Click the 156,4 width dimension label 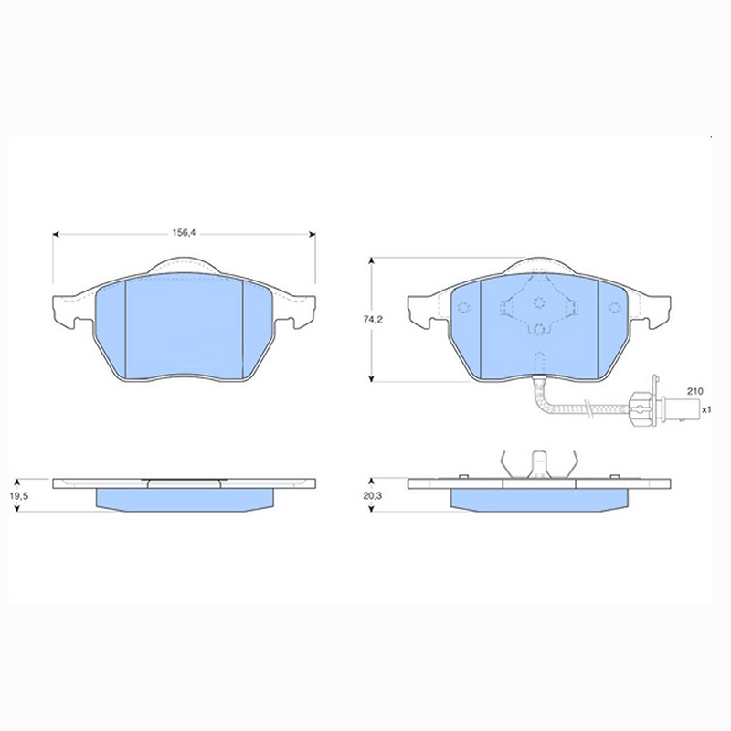pos(184,233)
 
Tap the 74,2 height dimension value pos(373,319)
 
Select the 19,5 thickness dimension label pos(19,496)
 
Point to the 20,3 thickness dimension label pos(373,496)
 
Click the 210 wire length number pos(694,391)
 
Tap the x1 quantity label pos(706,409)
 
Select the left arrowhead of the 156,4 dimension pos(56,234)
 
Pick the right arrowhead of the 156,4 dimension pos(312,234)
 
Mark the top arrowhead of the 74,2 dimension pos(372,260)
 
